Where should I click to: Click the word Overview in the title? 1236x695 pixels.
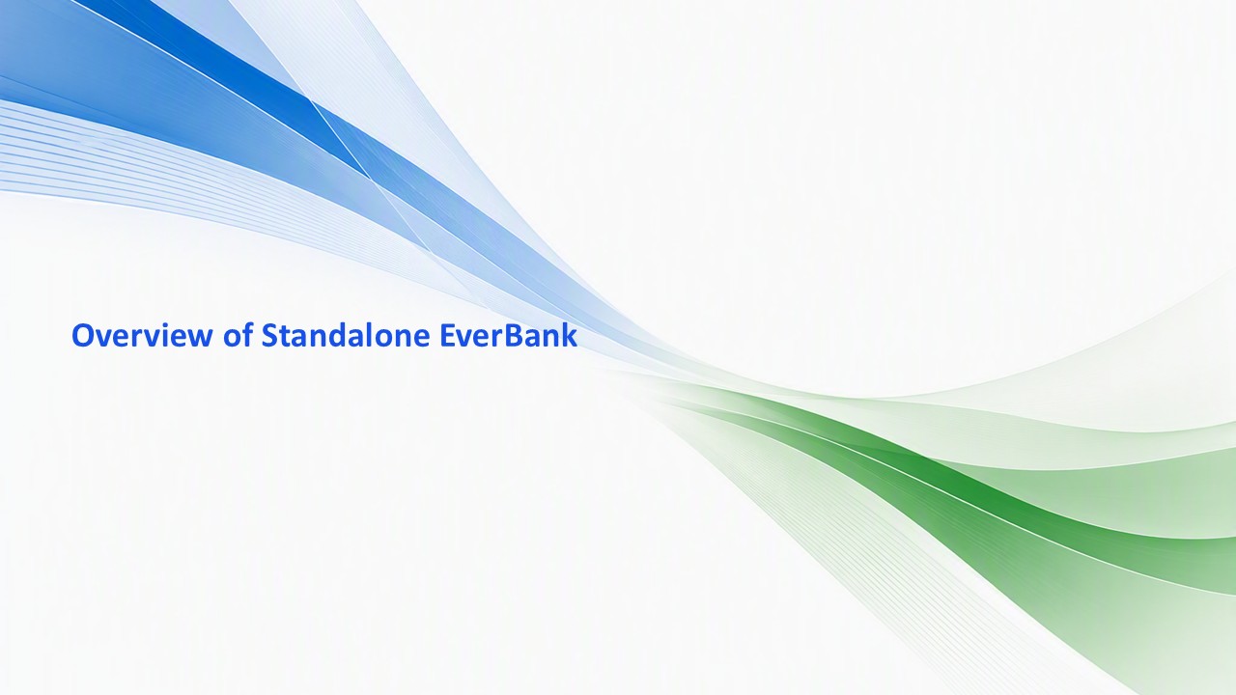pyautogui.click(x=142, y=335)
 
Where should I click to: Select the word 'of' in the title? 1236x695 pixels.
pyautogui.click(x=239, y=334)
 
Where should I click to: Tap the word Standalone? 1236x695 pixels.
pyautogui.click(x=346, y=334)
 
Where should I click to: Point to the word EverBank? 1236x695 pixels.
pyautogui.click(x=509, y=334)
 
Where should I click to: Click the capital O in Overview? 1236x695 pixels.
pyautogui.click(x=82, y=336)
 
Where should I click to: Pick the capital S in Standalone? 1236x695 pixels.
pyautogui.click(x=269, y=336)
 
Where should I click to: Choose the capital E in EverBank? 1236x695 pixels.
pyautogui.click(x=447, y=336)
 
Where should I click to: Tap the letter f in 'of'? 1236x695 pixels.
pyautogui.click(x=247, y=334)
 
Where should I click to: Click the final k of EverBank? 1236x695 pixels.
pyautogui.click(x=570, y=334)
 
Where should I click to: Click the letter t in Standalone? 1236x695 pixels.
pyautogui.click(x=285, y=337)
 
